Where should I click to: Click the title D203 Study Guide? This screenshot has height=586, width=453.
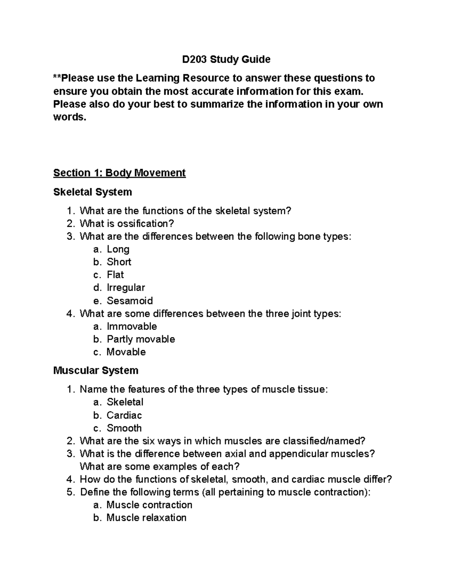point(226,59)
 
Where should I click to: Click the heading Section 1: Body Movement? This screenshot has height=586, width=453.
point(119,173)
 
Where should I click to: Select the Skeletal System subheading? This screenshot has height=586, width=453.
point(92,192)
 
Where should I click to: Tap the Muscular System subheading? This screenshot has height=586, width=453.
point(96,371)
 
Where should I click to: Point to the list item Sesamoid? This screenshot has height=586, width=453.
point(129,301)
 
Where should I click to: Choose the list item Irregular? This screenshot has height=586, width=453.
point(126,288)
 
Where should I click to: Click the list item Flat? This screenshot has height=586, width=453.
point(115,275)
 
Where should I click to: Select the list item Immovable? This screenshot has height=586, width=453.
point(132,326)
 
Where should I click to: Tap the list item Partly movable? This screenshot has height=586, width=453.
point(141,339)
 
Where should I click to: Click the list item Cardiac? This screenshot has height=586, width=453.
point(124,415)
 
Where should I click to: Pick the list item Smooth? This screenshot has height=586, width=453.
point(124,428)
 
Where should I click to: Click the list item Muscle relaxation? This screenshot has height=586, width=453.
point(146,518)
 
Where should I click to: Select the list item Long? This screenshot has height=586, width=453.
point(118,249)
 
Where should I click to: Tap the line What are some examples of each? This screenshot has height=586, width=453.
point(160,467)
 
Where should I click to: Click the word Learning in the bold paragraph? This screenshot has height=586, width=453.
point(158,78)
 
